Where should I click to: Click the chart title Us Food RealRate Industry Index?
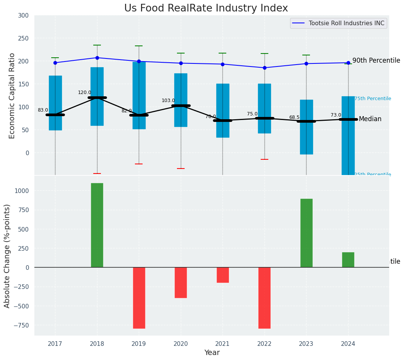click(206, 8)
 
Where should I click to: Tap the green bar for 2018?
click(97, 225)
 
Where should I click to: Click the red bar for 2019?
click(139, 298)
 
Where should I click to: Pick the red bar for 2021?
click(222, 275)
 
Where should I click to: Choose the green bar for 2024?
click(348, 260)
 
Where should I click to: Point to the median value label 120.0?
click(84, 92)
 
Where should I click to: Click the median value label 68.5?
click(294, 117)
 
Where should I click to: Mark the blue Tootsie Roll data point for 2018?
click(97, 58)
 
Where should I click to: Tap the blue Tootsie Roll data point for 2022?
click(264, 68)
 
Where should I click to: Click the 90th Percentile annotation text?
click(376, 60)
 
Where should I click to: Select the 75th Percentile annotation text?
click(373, 99)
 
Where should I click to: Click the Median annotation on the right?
click(370, 119)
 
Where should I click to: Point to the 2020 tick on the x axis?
click(181, 344)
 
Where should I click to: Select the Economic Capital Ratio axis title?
click(12, 96)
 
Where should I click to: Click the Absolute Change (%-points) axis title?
click(7, 256)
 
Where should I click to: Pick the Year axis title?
click(212, 353)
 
